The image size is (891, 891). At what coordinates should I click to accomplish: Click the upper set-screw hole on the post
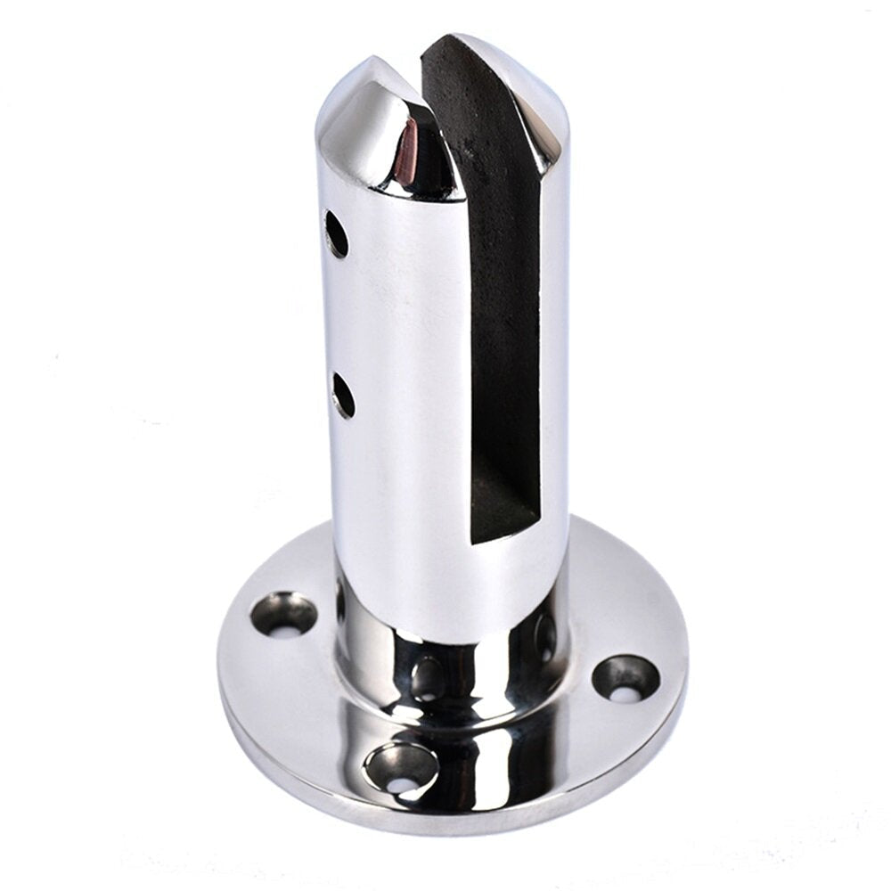pos(336,233)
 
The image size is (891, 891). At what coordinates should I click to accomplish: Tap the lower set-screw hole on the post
pos(343,396)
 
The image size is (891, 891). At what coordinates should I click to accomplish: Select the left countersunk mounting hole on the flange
pos(283,615)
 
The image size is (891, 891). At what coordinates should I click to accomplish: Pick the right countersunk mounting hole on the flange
pos(625,679)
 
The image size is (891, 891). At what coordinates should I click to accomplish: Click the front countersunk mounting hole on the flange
pos(401,768)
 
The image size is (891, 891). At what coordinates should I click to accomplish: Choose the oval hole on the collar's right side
pos(544,636)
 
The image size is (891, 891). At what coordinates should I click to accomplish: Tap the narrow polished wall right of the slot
pos(554,356)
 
